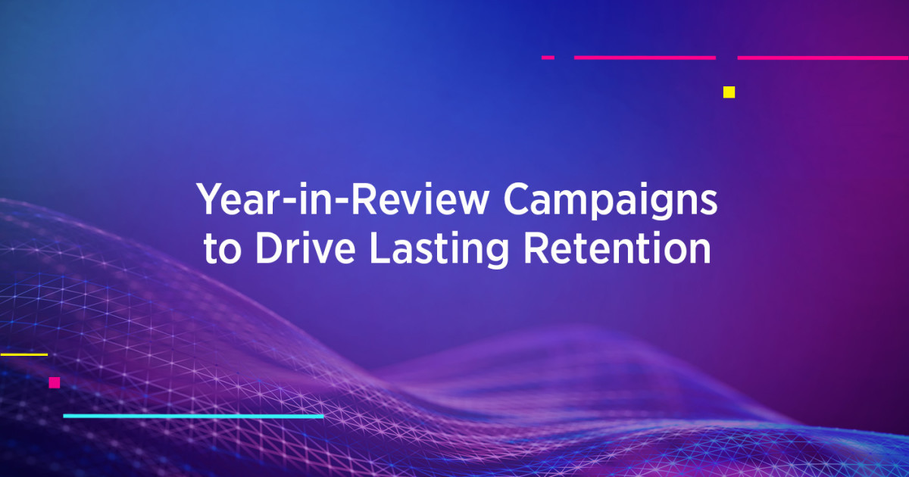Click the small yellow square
coord(729,92)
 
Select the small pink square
coord(55,382)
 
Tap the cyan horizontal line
coord(193,416)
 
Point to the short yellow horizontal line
coord(23,354)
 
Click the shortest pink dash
coord(548,57)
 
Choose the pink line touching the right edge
coord(823,57)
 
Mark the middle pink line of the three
coord(645,57)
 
